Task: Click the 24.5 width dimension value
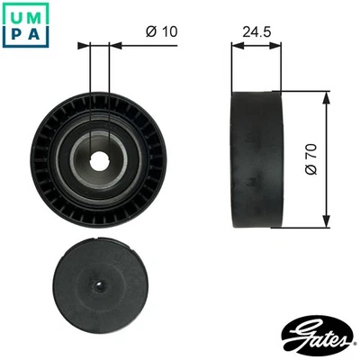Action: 258,31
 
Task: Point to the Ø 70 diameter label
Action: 311,158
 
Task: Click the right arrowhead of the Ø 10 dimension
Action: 113,43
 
